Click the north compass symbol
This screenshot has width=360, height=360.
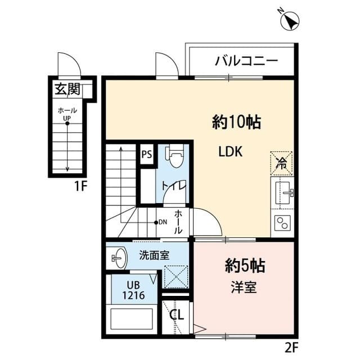[x=290, y=20]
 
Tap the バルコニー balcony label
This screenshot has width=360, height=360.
[x=246, y=61]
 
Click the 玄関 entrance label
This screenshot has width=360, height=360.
[x=66, y=88]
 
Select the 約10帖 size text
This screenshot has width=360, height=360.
[x=236, y=121]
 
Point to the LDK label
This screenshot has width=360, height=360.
[x=231, y=152]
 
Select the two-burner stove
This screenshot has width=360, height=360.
[x=282, y=223]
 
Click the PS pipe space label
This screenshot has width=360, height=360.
[x=146, y=154]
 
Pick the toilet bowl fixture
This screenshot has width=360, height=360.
[x=174, y=156]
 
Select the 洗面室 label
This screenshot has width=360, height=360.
[x=154, y=255]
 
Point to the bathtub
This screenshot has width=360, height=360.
[x=132, y=320]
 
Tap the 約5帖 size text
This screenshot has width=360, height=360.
[x=245, y=265]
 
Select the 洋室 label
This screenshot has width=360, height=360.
[x=244, y=287]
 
